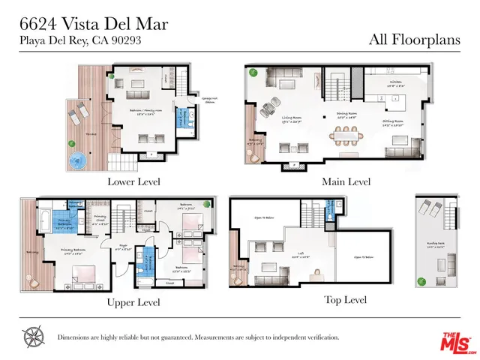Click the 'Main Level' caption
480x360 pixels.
pos(347,181)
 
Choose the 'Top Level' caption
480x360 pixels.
pos(345,299)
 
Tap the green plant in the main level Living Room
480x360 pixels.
pos(253,73)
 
